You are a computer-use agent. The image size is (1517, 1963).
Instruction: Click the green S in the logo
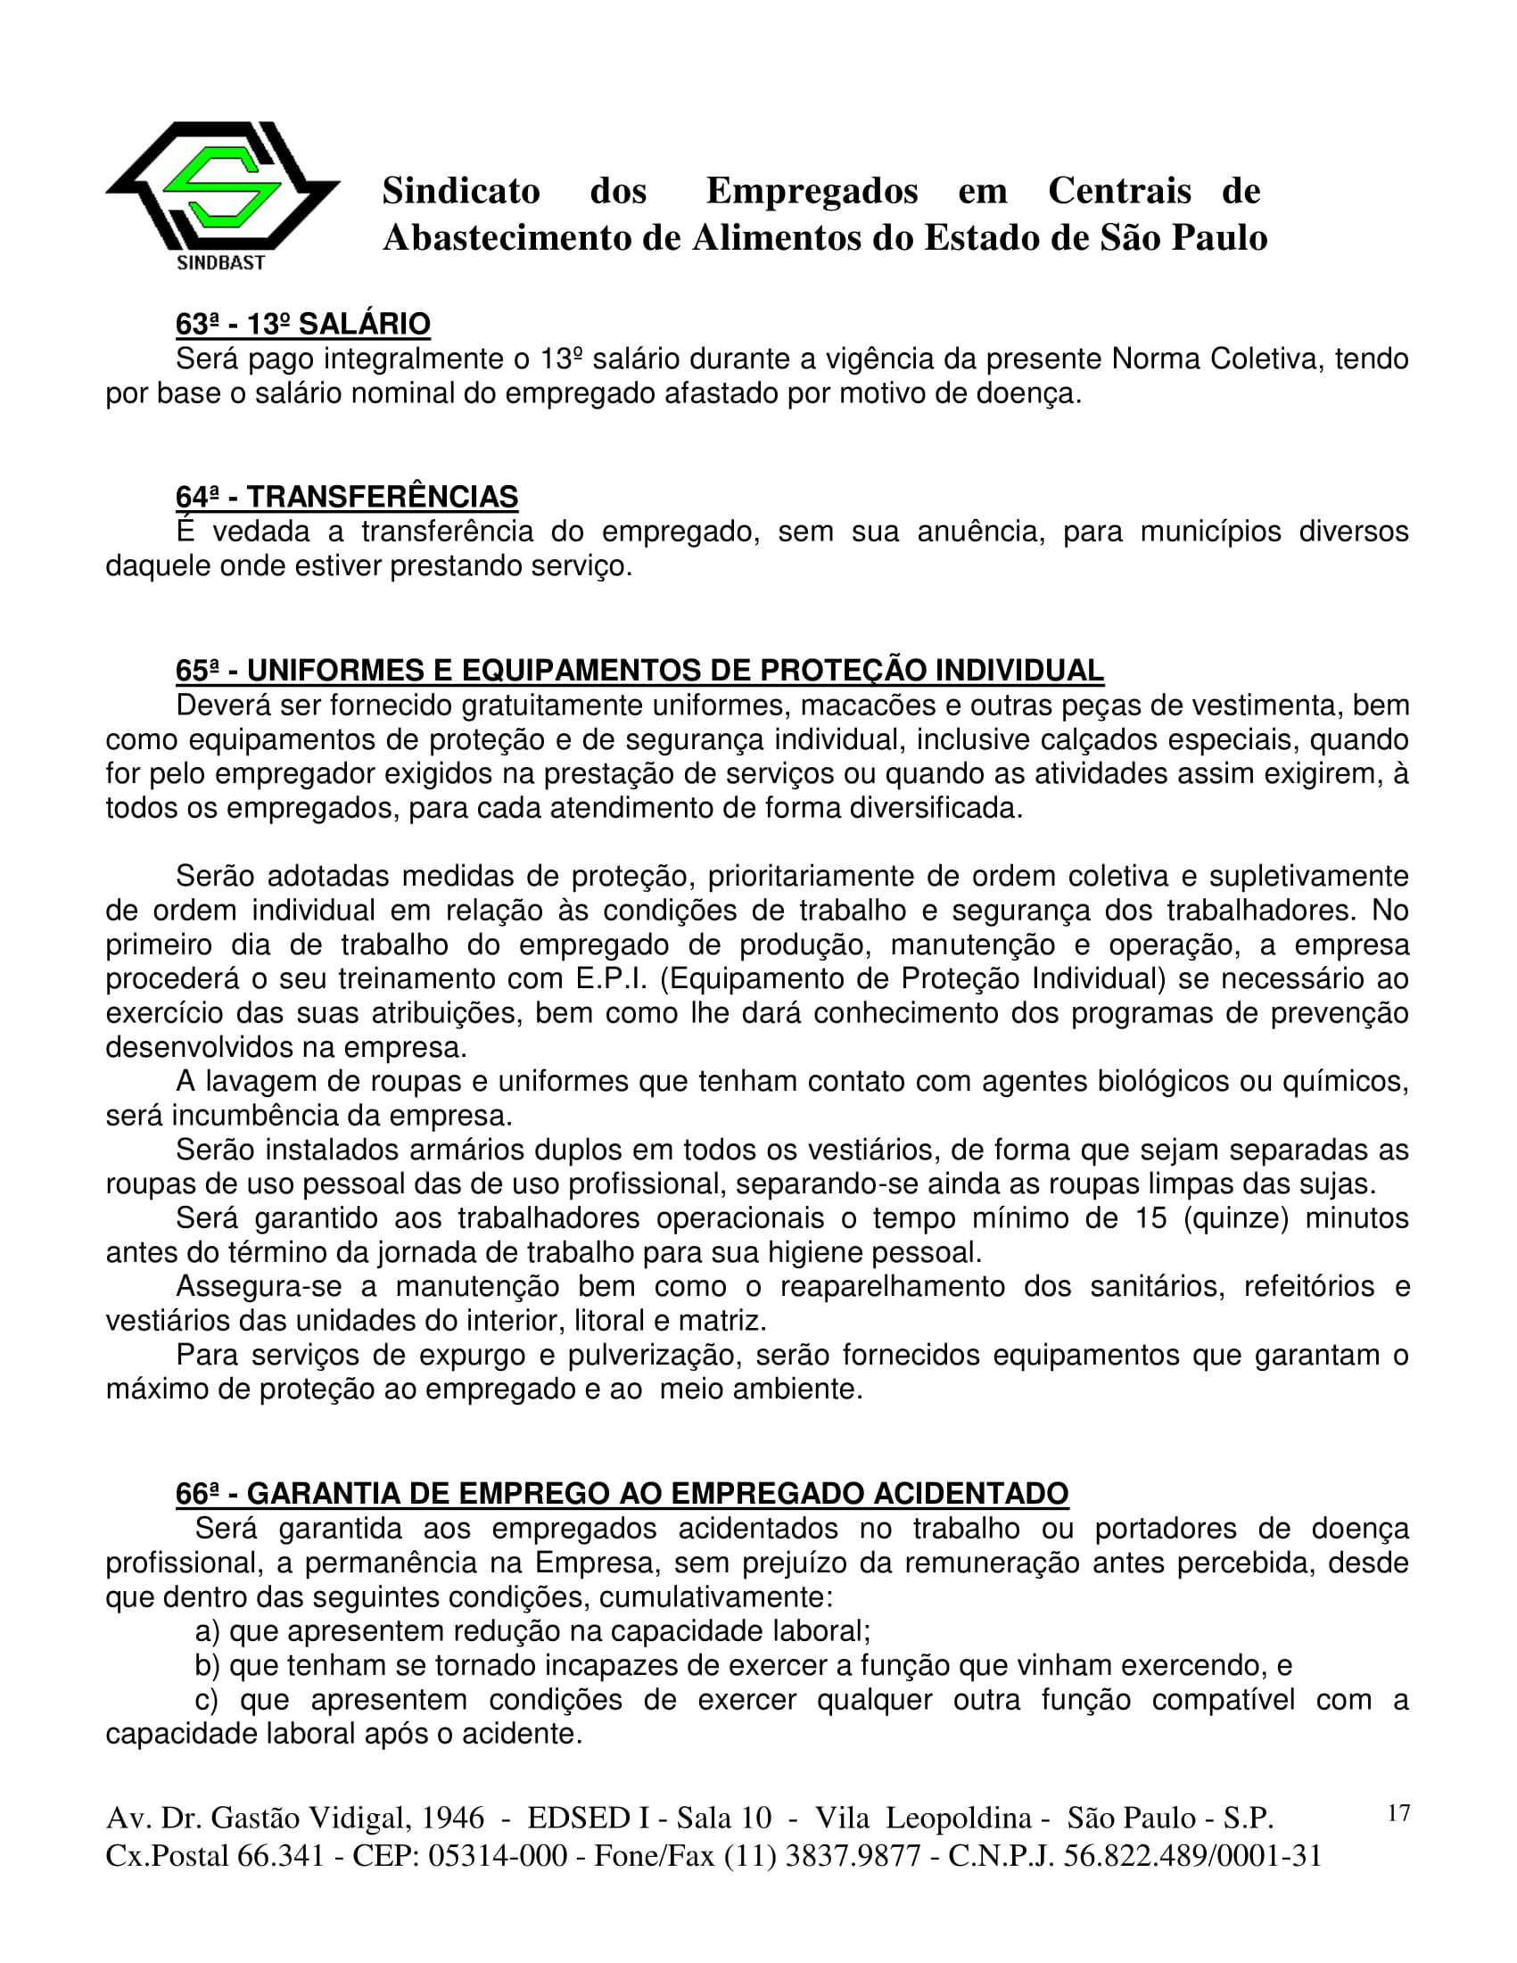click(222, 188)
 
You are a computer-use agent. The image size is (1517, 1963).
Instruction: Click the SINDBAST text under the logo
click(221, 263)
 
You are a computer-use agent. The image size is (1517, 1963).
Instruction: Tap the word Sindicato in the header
click(461, 192)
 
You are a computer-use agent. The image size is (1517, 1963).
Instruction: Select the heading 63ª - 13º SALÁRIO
click(303, 325)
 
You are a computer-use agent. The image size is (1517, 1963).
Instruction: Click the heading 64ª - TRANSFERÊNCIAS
click(347, 497)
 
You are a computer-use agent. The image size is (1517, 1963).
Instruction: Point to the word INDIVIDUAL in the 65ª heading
click(1019, 671)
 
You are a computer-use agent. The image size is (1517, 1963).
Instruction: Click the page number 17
click(1398, 1813)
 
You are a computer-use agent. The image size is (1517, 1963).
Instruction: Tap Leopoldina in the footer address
click(959, 1819)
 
